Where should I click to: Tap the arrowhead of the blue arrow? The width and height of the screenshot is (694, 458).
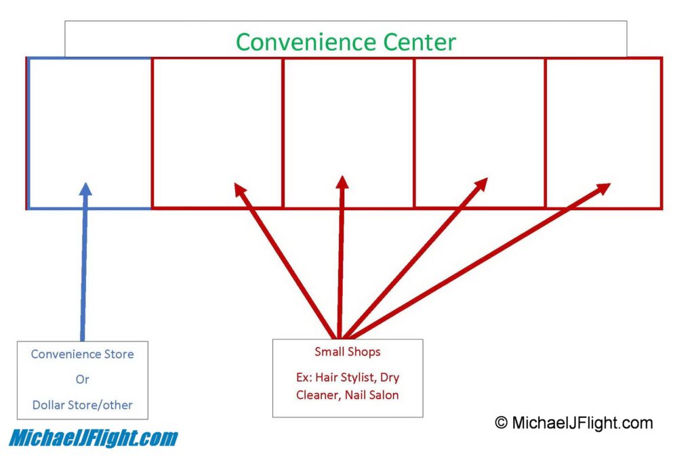85,188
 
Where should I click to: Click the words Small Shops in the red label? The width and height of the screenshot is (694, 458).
347,352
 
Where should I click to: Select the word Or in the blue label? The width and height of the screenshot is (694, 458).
82,379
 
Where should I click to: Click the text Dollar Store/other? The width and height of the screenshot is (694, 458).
82,405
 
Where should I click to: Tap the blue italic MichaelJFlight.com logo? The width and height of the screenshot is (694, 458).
93,438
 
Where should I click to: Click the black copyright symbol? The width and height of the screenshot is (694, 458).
501,423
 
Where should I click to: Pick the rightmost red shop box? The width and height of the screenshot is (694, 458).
603,133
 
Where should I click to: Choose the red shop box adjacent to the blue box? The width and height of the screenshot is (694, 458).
217,133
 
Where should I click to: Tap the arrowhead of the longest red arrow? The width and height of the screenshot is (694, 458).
603,187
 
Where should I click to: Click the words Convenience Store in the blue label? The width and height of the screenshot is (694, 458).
82,354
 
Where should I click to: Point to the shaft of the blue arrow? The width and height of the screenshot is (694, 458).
84,271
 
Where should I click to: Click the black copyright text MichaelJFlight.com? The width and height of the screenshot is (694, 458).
581,423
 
